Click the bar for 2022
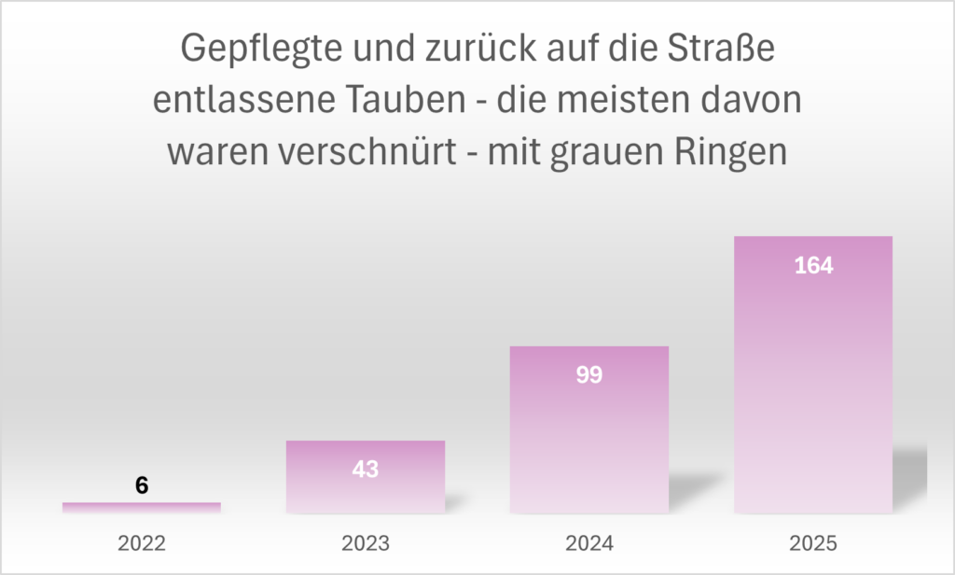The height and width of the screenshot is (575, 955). click(x=142, y=507)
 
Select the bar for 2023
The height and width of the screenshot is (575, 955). click(x=366, y=490)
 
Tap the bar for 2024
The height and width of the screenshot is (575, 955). click(x=589, y=439)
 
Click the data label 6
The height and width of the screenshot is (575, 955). click(x=142, y=485)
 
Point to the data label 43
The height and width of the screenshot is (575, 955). click(x=366, y=470)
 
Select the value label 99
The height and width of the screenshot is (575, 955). click(x=589, y=375)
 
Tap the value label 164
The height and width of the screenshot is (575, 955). click(x=813, y=265)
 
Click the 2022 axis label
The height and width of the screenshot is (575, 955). click(x=142, y=543)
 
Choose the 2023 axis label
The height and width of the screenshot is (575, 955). click(x=366, y=543)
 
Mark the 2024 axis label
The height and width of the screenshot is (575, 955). click(x=589, y=543)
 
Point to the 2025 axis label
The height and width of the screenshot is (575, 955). click(x=813, y=543)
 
